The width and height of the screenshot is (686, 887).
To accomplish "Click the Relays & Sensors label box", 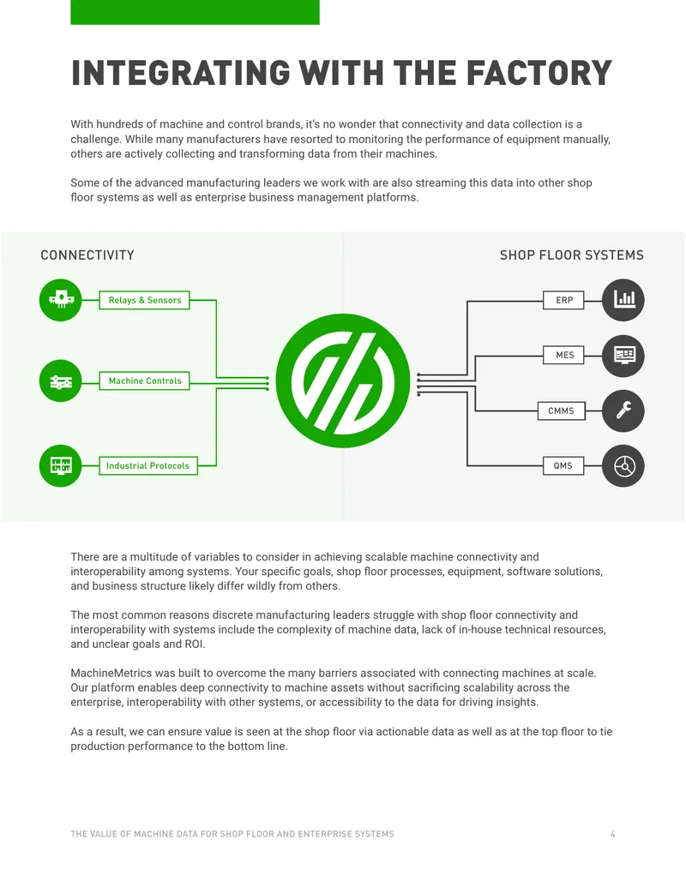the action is pyautogui.click(x=144, y=300).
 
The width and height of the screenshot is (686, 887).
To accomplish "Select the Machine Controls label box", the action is pyautogui.click(x=144, y=381).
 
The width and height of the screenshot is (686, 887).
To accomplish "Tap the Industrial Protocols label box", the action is pyautogui.click(x=147, y=465).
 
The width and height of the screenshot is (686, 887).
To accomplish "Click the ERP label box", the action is pyautogui.click(x=563, y=300).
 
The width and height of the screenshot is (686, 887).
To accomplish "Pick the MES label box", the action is pyautogui.click(x=563, y=355).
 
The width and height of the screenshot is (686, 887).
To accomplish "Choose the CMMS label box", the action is pyautogui.click(x=561, y=411).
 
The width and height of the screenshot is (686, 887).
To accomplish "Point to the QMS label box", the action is pyautogui.click(x=563, y=465).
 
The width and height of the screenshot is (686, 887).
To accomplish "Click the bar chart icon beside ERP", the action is pyautogui.click(x=623, y=300).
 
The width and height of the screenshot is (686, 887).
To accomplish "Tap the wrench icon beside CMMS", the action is pyautogui.click(x=623, y=411).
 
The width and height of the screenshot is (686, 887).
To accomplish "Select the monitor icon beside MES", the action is pyautogui.click(x=623, y=356).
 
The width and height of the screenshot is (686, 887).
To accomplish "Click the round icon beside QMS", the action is pyautogui.click(x=623, y=466).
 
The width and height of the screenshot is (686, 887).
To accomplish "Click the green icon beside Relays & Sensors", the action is pyautogui.click(x=61, y=300).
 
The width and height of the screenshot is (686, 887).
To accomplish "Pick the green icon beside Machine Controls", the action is pyautogui.click(x=61, y=381).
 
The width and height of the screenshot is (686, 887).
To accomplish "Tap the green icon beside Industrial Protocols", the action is pyautogui.click(x=61, y=465).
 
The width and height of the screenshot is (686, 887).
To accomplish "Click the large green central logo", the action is pyautogui.click(x=343, y=381).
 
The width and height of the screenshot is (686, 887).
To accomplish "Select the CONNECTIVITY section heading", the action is pyautogui.click(x=87, y=255).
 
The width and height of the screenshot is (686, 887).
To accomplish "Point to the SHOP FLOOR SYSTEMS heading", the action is pyautogui.click(x=572, y=255).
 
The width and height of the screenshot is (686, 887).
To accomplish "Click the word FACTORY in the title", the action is pyautogui.click(x=539, y=73).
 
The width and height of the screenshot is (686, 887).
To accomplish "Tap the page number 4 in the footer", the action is pyautogui.click(x=612, y=834).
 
